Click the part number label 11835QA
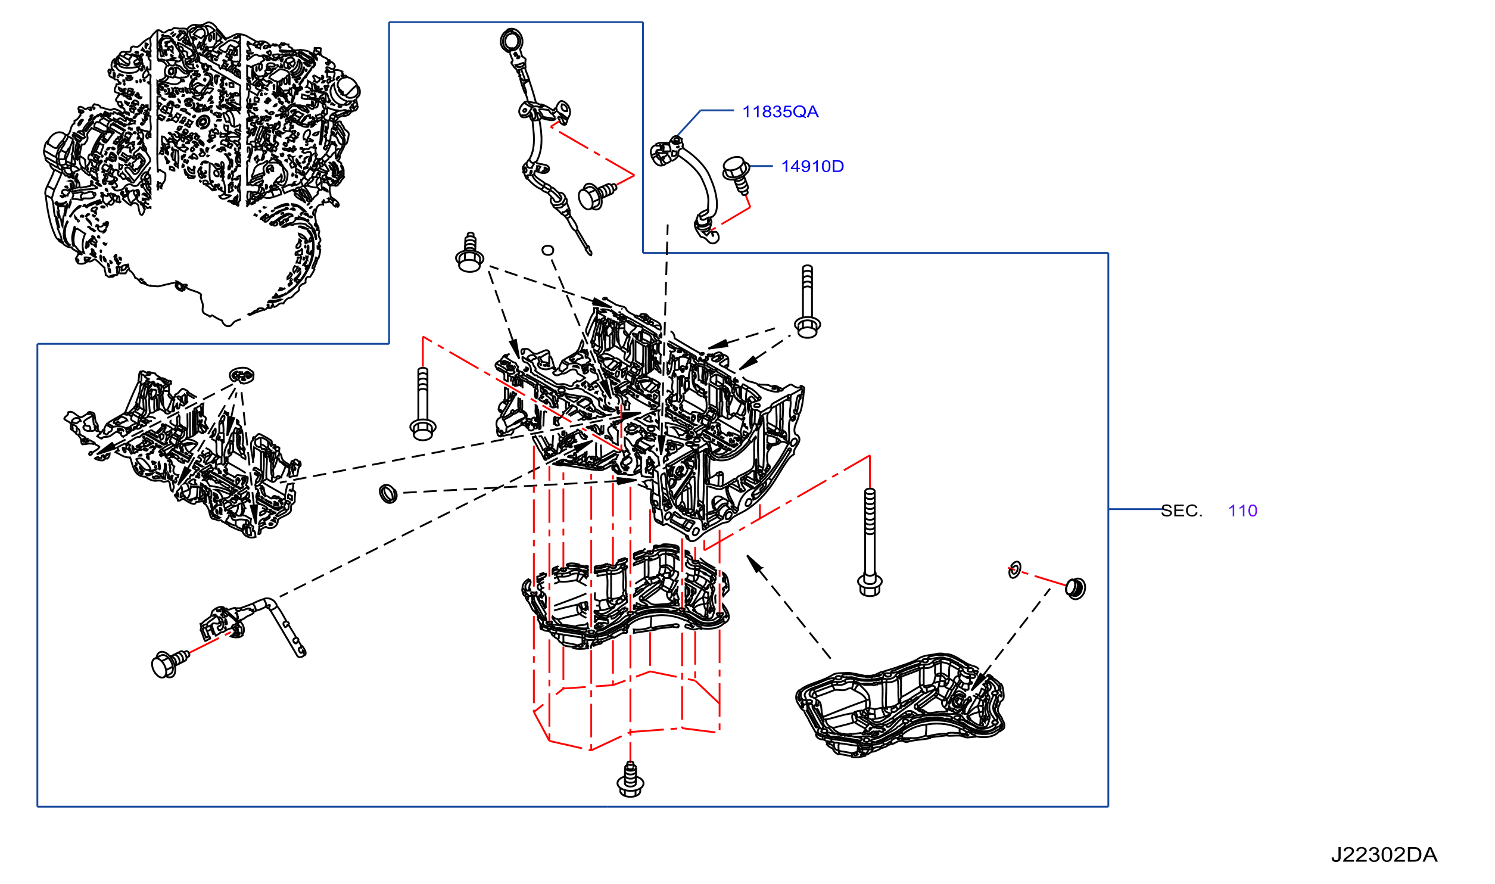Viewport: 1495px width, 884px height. (x=780, y=112)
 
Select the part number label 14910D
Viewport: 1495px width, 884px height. (x=812, y=167)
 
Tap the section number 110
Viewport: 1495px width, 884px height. (x=1242, y=511)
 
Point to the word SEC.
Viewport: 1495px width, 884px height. (x=1182, y=511)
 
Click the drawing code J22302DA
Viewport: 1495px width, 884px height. (x=1384, y=855)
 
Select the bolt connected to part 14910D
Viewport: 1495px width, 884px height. (x=737, y=173)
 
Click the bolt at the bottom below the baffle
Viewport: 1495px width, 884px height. (x=630, y=780)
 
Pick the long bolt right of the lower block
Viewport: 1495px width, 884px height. (x=870, y=542)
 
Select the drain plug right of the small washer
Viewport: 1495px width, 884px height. (x=1076, y=589)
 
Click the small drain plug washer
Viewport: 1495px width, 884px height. (x=1015, y=569)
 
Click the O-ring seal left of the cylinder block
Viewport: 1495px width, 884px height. (x=388, y=493)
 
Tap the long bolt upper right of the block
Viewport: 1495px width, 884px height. (x=807, y=301)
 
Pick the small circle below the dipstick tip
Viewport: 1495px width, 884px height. (x=548, y=251)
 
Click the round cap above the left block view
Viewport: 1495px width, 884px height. (x=242, y=375)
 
